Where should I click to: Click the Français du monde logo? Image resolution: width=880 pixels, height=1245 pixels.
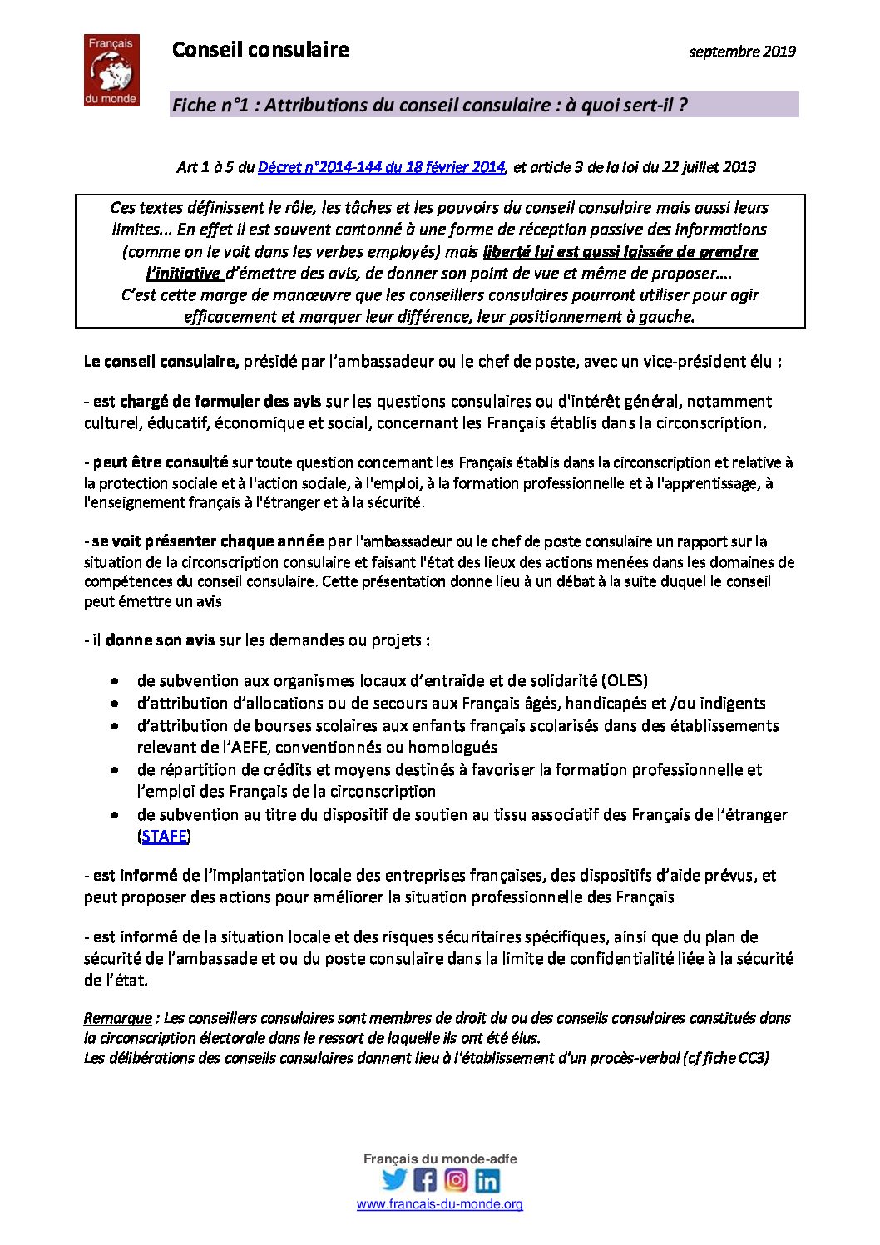[x=111, y=71]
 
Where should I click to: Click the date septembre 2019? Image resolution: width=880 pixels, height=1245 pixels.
[x=742, y=52]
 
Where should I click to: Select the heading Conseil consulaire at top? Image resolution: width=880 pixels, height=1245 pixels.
[x=260, y=50]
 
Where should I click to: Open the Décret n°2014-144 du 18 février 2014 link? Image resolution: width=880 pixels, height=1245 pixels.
[x=381, y=167]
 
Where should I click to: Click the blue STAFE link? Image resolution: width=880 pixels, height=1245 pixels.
[x=164, y=836]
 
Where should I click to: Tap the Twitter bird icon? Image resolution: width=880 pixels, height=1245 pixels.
[x=394, y=1179]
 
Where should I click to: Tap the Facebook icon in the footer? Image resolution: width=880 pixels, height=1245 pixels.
[x=425, y=1179]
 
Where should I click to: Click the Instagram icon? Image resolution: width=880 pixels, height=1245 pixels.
[x=456, y=1179]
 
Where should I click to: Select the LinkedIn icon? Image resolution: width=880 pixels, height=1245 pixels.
[x=487, y=1179]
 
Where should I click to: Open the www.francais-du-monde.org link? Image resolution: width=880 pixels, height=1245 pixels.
[x=440, y=1204]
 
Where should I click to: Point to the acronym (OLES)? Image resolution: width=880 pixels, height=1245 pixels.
[x=624, y=680]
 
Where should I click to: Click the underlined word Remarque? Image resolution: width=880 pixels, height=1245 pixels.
[x=117, y=1018]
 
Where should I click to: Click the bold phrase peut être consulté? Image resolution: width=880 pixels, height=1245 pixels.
[x=160, y=462]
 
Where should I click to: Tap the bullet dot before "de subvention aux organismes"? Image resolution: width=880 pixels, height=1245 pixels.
[x=115, y=681]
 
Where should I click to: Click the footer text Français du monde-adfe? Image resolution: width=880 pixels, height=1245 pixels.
[x=440, y=1159]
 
